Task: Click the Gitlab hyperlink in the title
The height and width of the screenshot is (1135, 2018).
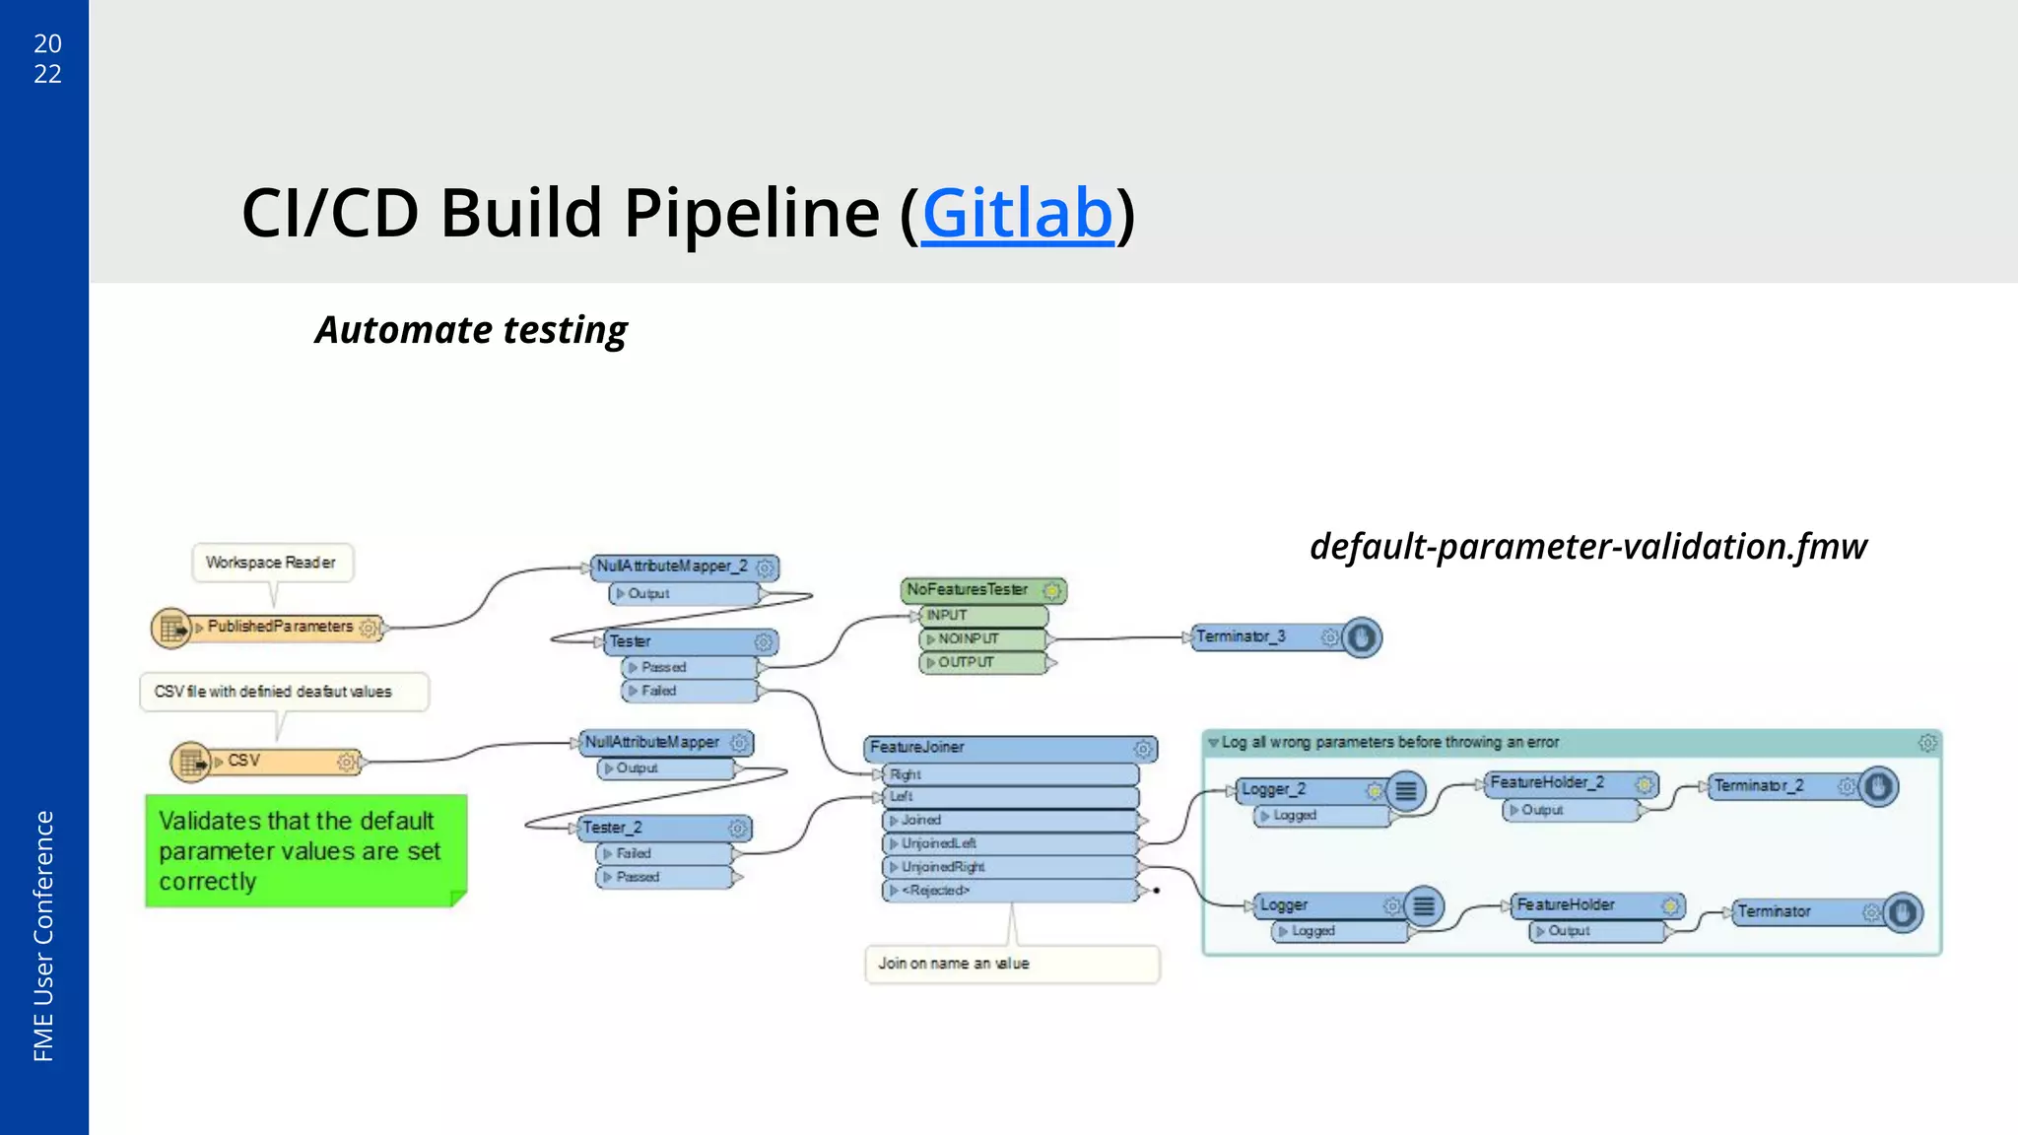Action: (1017, 214)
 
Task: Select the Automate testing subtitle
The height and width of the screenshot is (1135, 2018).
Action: (471, 330)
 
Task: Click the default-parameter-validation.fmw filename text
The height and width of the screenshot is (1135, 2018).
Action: (1587, 546)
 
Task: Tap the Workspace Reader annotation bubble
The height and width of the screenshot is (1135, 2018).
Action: (271, 563)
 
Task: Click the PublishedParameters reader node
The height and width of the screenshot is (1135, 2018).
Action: (279, 627)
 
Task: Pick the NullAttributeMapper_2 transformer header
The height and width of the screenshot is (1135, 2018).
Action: (673, 567)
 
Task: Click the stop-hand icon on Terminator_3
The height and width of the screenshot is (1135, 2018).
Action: (1361, 637)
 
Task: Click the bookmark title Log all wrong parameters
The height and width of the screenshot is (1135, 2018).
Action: (1389, 742)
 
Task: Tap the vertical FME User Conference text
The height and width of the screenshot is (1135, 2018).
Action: (43, 935)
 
